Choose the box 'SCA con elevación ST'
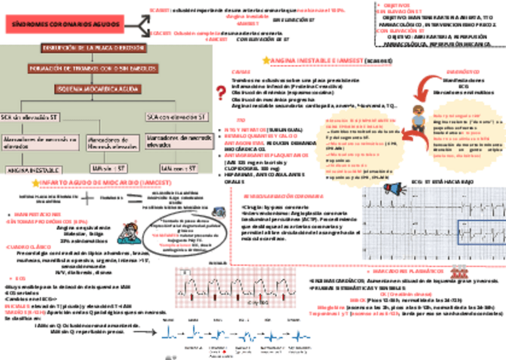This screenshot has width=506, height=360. (x=177, y=116)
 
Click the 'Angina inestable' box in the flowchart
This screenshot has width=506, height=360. (x=28, y=170)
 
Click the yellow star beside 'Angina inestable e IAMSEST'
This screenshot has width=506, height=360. (x=266, y=60)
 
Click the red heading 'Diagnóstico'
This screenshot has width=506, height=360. (x=459, y=72)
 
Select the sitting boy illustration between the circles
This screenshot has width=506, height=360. (x=417, y=119)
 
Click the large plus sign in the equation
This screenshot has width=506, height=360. (x=88, y=198)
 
